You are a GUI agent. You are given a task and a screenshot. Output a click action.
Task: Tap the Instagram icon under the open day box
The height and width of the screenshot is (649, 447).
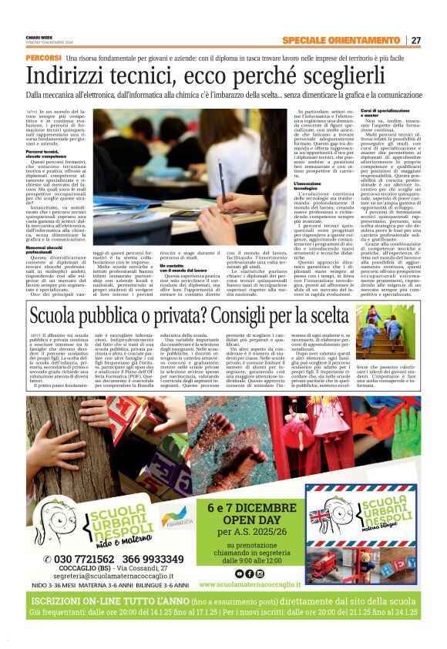(x=249, y=573)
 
